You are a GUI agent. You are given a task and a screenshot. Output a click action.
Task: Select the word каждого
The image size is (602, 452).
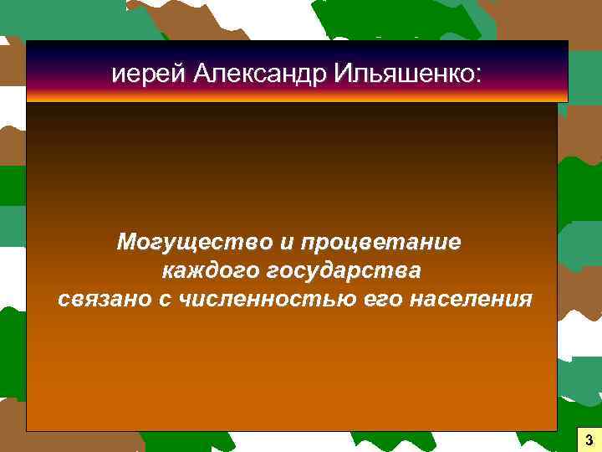[x=208, y=272]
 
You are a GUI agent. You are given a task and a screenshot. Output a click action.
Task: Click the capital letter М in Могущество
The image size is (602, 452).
[x=127, y=244]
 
